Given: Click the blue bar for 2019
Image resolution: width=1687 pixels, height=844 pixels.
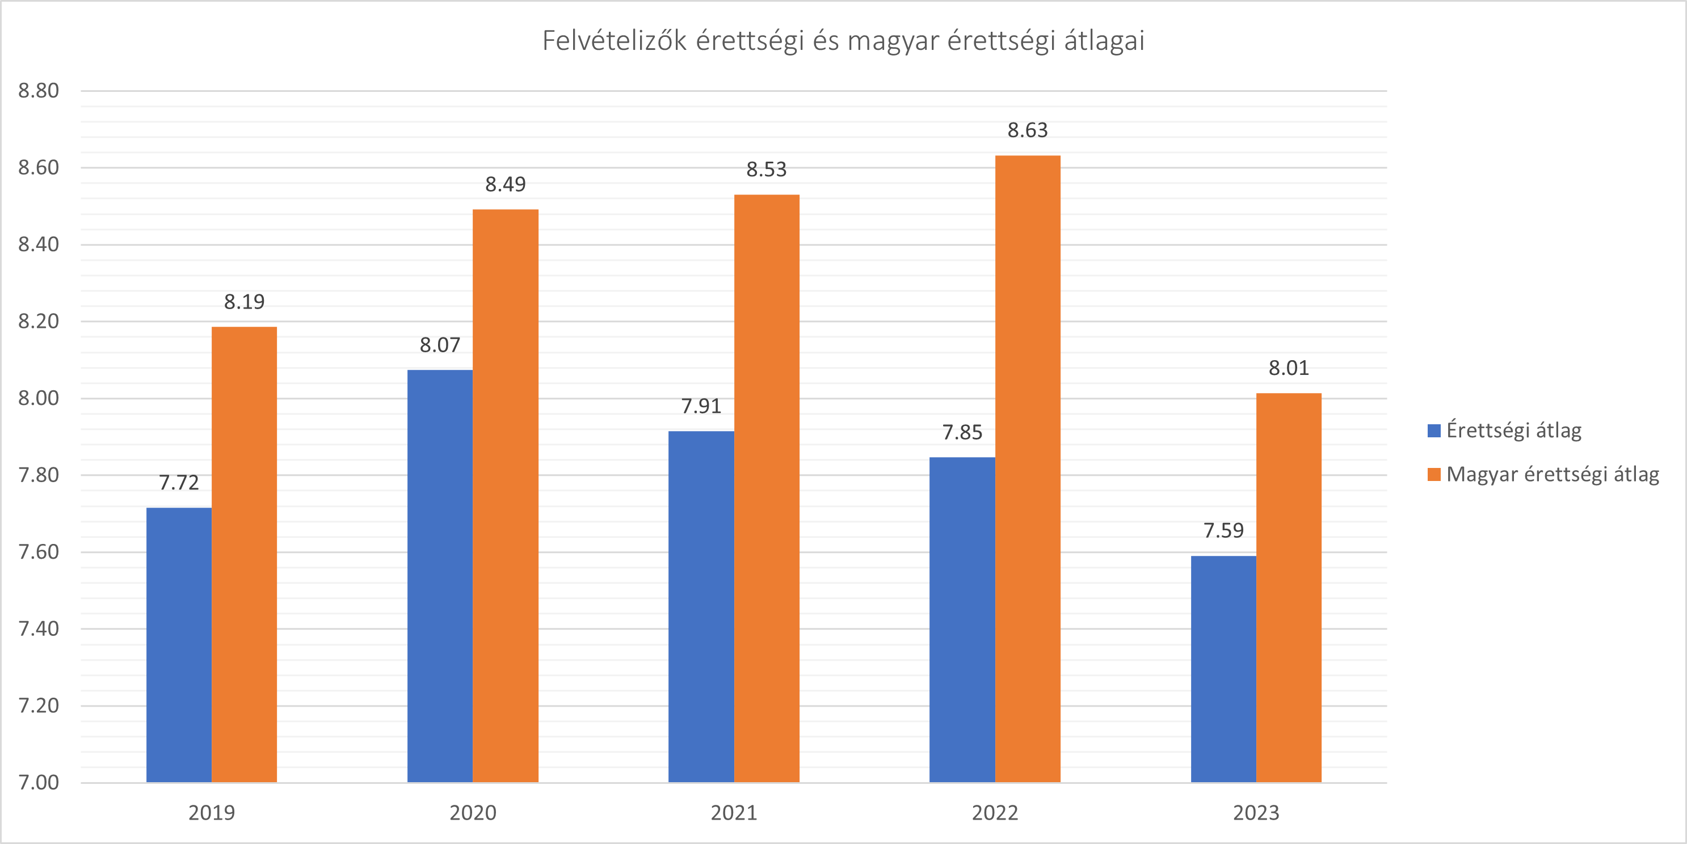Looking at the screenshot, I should pos(179,645).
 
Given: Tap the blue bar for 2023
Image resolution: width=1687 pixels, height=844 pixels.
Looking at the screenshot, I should pos(1223,669).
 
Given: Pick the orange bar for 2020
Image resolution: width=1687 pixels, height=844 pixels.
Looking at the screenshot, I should pos(505,496).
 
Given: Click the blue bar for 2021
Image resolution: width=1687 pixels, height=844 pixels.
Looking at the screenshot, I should pos(701,606).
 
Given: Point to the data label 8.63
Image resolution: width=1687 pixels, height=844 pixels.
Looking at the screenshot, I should pos(1028,130).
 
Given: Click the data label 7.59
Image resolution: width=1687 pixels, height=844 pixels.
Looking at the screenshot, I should pos(1223,530).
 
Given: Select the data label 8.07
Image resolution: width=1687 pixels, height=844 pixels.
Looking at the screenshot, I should pos(440,345).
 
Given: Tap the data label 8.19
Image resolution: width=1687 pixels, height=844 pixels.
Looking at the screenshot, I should pos(244,302).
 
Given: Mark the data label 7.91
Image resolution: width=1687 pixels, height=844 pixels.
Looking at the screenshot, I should pos(701,406).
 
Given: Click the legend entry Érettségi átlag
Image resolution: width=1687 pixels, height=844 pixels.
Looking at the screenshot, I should pos(1513,430).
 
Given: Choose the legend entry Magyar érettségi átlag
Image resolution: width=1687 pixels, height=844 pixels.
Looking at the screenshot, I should pos(1552,474).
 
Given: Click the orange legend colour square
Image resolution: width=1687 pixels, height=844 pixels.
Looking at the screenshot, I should pos(1434,475).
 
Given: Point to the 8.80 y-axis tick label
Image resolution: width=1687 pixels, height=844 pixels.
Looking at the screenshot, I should pos(39,90).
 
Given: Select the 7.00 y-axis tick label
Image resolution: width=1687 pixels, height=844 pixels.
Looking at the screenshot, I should pos(39,782).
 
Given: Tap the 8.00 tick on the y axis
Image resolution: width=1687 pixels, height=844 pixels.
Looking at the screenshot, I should pos(39,398).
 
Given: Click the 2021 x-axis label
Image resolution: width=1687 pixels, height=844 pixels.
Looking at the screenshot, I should pos(734,813).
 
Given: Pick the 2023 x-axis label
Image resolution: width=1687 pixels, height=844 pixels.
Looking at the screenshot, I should pos(1256,813).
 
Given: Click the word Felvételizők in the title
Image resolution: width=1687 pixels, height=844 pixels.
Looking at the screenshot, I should pos(615,41).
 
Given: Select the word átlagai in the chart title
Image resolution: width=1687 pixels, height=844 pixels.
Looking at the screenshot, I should pos(1104,41).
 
